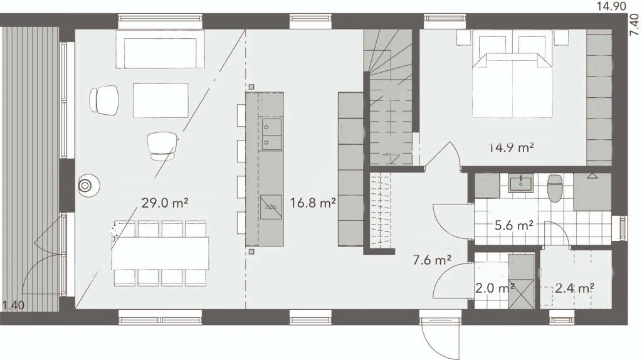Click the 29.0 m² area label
tap(165, 203)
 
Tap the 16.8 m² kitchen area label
tap(313, 203)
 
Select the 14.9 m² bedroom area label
tap(512, 147)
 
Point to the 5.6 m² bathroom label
tap(514, 225)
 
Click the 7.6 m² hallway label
tap(432, 260)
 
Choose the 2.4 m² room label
tap(574, 289)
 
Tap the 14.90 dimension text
tap(611, 6)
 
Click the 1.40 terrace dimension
tap(14, 305)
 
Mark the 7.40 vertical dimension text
tap(634, 25)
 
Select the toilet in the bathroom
tap(555, 188)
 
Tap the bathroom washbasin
tap(520, 183)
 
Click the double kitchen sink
tap(271, 134)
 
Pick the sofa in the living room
tap(160, 49)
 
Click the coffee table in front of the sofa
tap(160, 100)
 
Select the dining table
tap(160, 253)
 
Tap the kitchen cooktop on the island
tap(271, 207)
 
